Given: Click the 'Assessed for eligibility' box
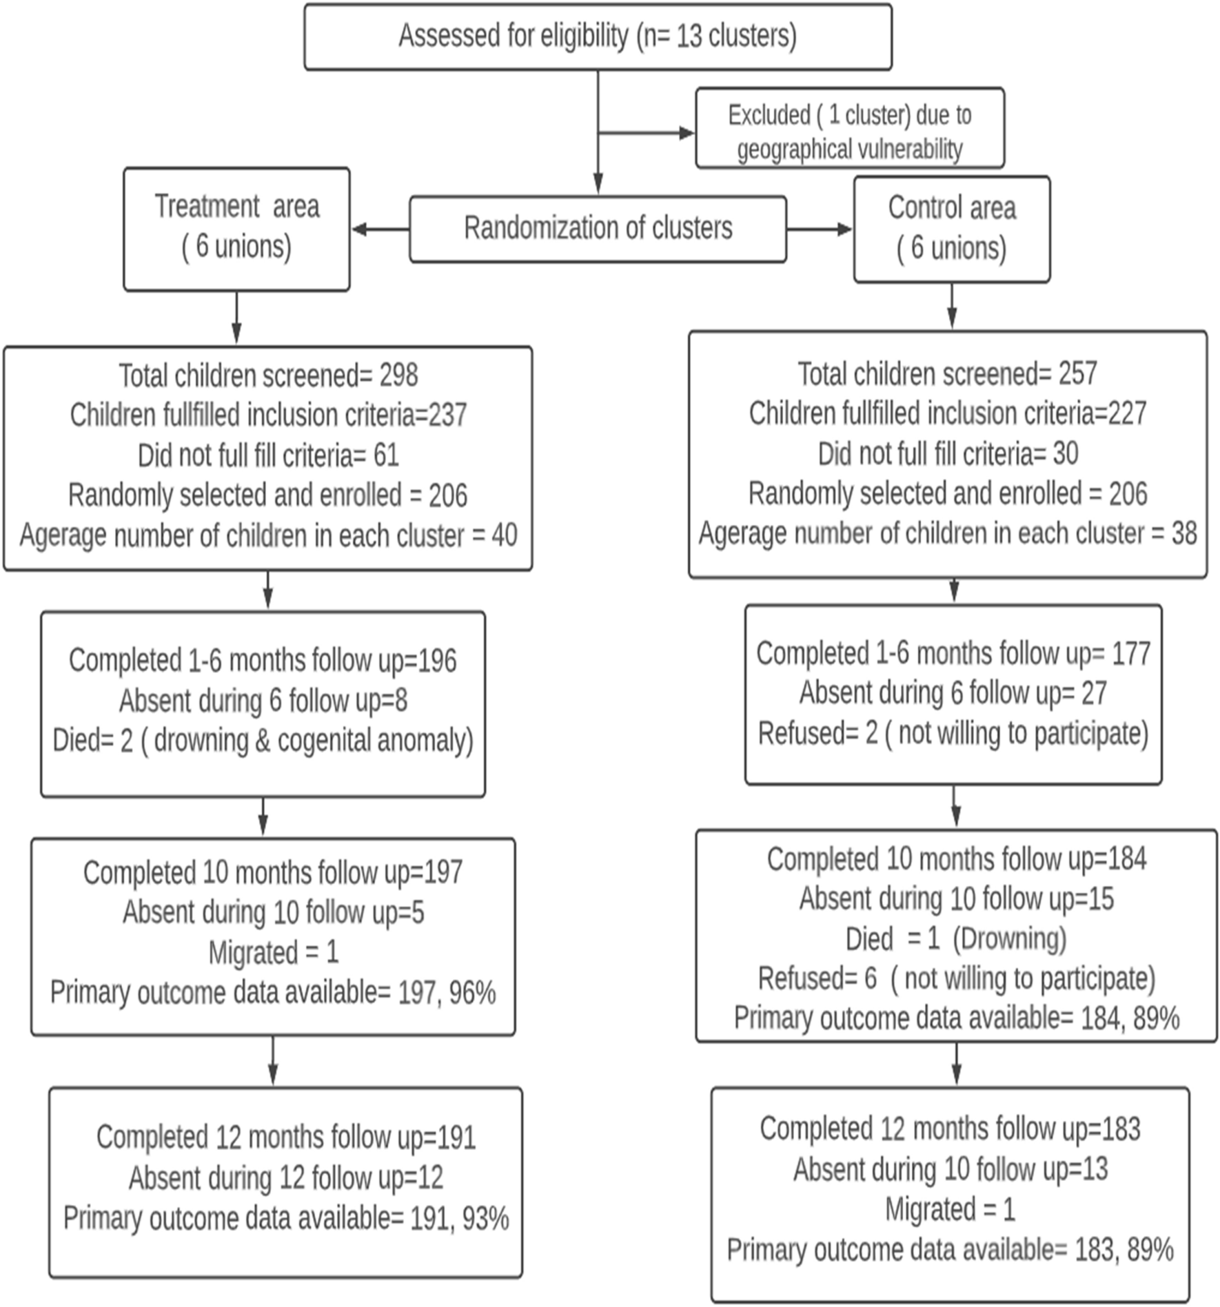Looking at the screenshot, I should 598,37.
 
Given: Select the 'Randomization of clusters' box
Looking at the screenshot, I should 598,229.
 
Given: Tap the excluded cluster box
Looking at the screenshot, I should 849,129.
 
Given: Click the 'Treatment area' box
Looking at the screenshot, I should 236,228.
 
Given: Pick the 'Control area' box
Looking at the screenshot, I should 951,228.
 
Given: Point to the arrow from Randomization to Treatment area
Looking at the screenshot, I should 379,229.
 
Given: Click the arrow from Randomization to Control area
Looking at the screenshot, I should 819,229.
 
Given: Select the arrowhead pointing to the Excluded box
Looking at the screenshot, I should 687,132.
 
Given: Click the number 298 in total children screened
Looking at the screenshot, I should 398,375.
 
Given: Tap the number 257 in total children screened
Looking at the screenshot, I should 1077,374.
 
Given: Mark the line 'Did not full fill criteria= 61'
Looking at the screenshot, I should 268,455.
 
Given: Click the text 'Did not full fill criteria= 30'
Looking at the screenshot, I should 948,454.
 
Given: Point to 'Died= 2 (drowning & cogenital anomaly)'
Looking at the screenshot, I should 263,741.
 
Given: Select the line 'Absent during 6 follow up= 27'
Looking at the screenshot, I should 953,693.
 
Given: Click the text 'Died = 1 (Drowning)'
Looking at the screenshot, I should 955,938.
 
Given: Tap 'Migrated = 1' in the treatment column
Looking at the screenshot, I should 274,952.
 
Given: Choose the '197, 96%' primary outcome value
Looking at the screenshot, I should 447,993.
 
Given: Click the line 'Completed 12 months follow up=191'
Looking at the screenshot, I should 286,1138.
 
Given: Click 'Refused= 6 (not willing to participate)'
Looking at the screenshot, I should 956,978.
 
